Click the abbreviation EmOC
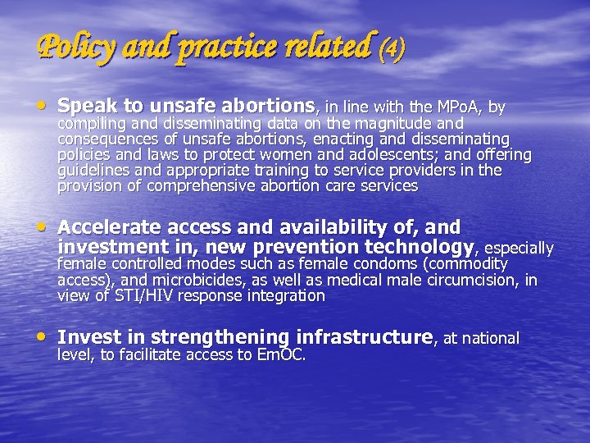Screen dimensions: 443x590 [281, 355]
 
